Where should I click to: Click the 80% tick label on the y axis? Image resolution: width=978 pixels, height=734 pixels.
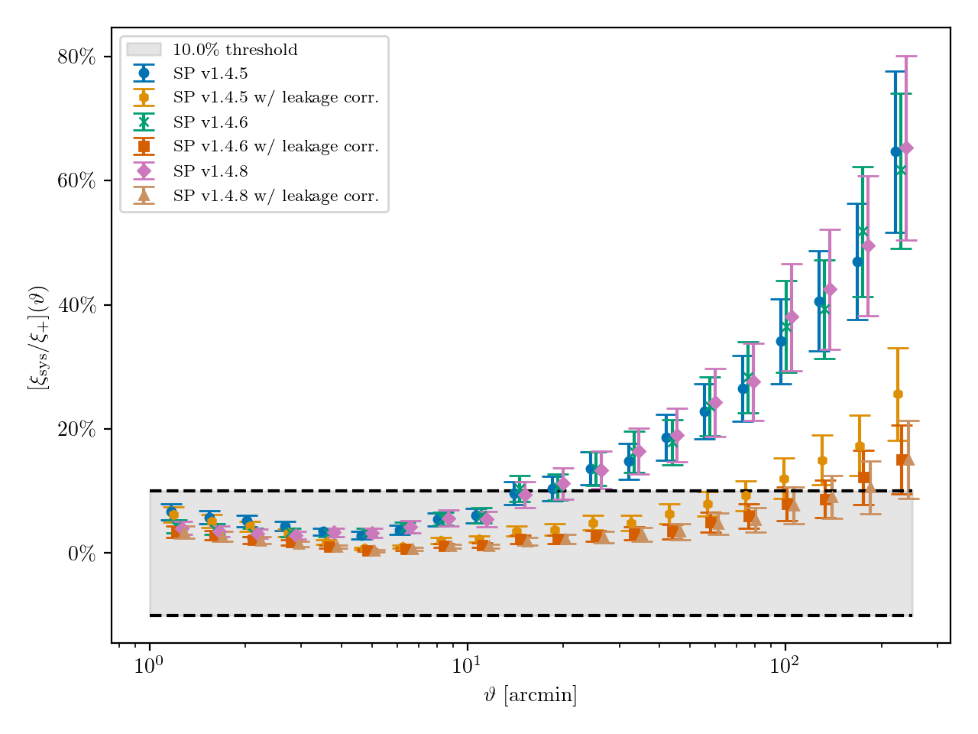click(x=76, y=57)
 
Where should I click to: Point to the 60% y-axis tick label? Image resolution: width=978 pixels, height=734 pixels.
click(x=76, y=180)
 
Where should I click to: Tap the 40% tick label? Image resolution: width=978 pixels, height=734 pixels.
click(x=76, y=305)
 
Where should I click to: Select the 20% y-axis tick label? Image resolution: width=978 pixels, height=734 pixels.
click(x=76, y=429)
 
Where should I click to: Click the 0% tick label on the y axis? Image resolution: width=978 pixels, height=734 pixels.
click(x=82, y=553)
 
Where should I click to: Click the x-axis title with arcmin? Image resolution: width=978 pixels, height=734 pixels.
click(x=530, y=696)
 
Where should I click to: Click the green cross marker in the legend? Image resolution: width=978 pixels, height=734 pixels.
click(x=144, y=122)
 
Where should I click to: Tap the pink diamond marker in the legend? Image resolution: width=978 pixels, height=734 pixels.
click(x=144, y=171)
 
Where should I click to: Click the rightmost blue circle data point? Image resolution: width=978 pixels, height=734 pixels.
click(x=895, y=151)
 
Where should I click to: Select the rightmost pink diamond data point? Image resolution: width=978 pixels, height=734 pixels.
click(x=906, y=148)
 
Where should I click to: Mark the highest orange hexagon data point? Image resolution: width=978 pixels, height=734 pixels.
click(x=898, y=394)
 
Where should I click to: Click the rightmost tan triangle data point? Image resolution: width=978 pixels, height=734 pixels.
click(x=908, y=459)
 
